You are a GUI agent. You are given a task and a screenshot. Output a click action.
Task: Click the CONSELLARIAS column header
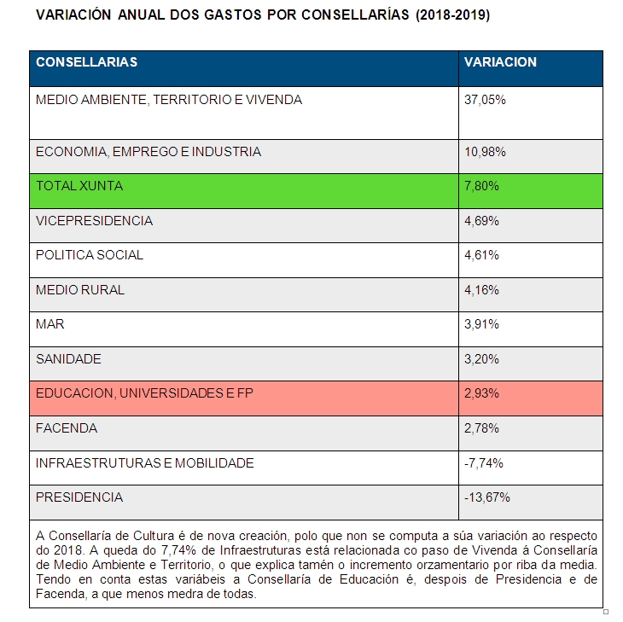pos(86,62)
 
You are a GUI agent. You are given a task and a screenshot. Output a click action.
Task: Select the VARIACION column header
pos(500,62)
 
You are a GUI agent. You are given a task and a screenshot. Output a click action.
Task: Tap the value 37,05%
pos(485,100)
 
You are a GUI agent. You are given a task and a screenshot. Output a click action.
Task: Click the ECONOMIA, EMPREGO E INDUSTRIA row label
pos(148,152)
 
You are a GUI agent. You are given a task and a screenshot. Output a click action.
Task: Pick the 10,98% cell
pos(485,152)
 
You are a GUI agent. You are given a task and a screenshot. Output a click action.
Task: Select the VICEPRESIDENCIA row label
pos(94,221)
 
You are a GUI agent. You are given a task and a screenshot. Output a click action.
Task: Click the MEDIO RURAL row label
pos(80,289)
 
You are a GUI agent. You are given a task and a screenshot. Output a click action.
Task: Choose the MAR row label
pos(50,324)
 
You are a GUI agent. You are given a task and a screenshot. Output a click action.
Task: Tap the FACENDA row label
pos(67,427)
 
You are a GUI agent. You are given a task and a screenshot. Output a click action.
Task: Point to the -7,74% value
pos(484,463)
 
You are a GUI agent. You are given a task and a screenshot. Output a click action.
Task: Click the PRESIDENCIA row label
pos(79,497)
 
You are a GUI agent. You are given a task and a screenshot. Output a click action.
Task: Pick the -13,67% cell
pos(486,497)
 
